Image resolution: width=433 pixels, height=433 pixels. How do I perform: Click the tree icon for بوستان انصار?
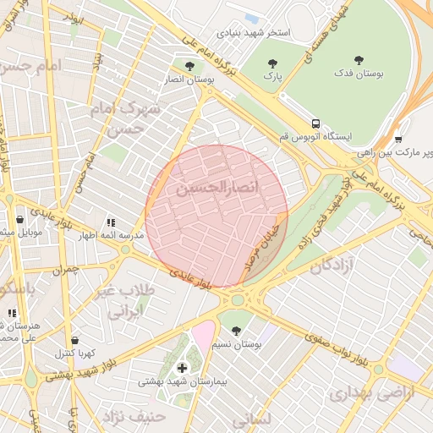[x=189, y=65]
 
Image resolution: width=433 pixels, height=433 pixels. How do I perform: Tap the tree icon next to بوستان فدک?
[x=359, y=60]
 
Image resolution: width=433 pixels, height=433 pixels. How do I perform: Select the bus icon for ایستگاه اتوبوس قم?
[x=315, y=123]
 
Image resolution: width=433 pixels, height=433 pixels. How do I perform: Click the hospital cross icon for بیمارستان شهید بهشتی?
[x=182, y=368]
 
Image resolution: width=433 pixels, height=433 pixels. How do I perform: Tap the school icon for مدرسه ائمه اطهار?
[x=110, y=222]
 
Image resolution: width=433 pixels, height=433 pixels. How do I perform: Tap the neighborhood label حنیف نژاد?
[x=133, y=416]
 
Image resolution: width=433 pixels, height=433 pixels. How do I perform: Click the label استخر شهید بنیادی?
[x=254, y=33]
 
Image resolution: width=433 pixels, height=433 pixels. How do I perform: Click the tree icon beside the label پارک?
[x=271, y=63]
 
